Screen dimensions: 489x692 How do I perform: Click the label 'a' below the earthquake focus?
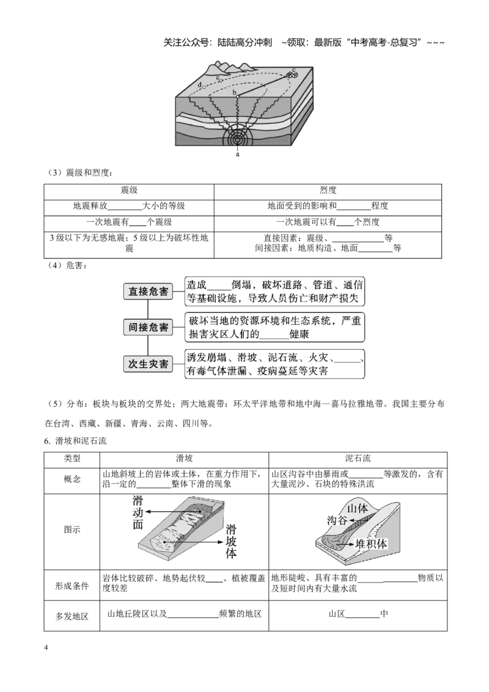238,154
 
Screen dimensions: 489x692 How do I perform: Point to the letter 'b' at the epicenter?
235,92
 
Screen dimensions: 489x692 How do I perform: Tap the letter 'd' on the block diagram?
200,84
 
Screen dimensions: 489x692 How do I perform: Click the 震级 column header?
130,190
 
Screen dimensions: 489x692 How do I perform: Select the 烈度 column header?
328,190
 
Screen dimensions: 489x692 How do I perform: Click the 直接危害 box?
149,291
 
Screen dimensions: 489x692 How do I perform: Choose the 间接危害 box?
149,328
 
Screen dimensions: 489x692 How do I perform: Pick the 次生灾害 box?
149,364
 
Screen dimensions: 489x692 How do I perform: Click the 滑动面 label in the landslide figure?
138,512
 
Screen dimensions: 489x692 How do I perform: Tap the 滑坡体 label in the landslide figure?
231,541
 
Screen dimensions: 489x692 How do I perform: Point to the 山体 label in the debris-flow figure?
358,508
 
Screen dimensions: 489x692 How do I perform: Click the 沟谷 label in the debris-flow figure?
337,520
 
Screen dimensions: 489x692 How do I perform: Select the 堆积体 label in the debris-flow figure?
371,543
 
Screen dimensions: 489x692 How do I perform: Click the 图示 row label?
72,529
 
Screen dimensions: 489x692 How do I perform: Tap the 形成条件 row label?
72,586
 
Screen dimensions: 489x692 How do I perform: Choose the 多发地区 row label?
72,616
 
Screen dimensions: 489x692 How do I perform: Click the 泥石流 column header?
358,458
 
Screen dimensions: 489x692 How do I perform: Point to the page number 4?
46,647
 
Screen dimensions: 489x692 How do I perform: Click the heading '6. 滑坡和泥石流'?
75,441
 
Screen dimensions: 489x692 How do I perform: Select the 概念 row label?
72,479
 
